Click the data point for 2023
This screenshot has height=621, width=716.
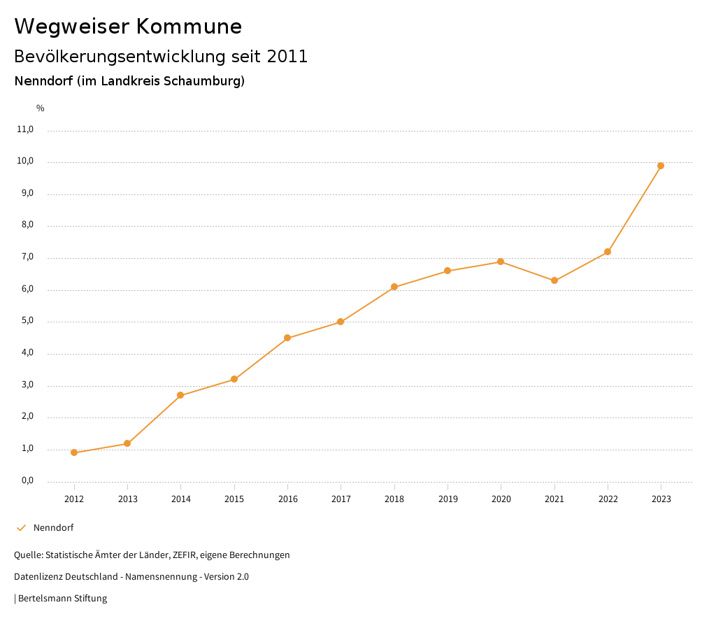[x=661, y=166]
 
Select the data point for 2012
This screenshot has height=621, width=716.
[x=74, y=452]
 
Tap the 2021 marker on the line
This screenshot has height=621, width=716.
[x=554, y=280]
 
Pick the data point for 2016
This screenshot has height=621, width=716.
[x=287, y=338]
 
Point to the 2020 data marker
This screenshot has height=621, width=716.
[x=501, y=262]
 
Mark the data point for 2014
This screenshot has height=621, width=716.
[x=180, y=395]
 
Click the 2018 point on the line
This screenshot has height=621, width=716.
[x=394, y=287]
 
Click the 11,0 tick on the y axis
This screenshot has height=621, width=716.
[x=25, y=129]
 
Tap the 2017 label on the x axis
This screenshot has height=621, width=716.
[x=341, y=499]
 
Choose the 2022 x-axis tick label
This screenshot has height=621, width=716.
[x=608, y=499]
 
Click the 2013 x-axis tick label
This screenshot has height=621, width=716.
[x=127, y=499]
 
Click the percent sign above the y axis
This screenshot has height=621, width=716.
[x=41, y=108]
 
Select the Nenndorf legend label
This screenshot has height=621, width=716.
[x=53, y=527]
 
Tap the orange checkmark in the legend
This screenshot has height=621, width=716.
[x=21, y=527]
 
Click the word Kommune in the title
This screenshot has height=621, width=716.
[x=189, y=27]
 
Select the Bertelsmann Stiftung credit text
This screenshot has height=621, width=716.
[x=62, y=598]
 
